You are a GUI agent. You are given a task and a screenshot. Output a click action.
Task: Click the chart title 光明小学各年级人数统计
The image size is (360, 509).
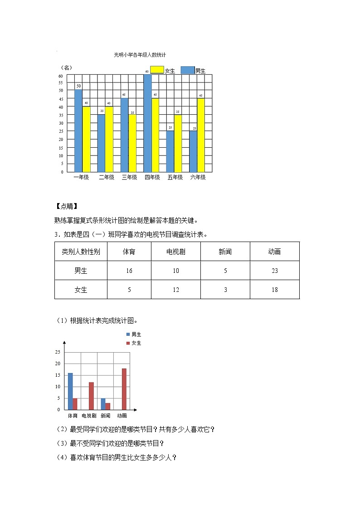point(140,55)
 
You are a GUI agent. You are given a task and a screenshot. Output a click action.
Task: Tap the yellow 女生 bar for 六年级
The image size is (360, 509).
point(201,135)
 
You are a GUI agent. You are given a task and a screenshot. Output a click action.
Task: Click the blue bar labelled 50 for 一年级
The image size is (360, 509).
point(78,131)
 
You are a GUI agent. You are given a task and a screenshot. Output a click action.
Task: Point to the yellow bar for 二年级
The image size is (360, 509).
point(109,139)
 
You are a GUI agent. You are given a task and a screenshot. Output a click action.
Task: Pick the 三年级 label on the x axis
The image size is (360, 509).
point(129,178)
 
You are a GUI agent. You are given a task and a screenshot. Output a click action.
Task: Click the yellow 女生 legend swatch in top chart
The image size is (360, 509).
point(157,70)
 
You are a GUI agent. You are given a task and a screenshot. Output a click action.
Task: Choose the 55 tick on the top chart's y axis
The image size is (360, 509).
point(61,84)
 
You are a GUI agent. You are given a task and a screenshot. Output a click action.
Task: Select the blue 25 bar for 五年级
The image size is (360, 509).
point(170,151)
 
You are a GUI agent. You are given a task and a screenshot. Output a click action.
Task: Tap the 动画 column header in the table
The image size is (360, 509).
point(274,252)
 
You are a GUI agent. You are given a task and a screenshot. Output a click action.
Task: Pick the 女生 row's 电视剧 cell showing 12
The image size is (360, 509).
point(176,290)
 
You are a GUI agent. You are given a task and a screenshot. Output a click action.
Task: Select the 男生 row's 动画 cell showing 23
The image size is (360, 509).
point(274,271)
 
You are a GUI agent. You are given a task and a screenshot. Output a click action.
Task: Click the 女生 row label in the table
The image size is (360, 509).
point(81,290)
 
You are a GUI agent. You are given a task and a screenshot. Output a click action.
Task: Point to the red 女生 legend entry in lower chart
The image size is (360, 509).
point(134,343)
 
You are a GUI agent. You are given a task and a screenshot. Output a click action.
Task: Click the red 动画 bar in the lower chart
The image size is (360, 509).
point(124,389)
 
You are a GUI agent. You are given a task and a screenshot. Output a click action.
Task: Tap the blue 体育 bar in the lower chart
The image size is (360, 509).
point(70,391)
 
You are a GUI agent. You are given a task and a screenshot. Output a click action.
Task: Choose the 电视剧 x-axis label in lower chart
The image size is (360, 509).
point(89,416)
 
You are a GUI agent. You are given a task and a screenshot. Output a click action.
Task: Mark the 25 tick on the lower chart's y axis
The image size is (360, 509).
point(57,352)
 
